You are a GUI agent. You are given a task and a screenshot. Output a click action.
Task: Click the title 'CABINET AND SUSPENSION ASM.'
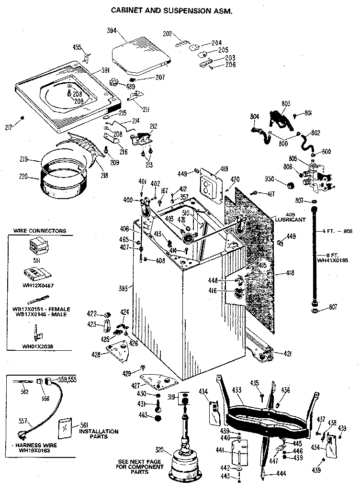tap(171, 10)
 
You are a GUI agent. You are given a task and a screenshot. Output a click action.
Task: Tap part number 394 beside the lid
tap(112, 31)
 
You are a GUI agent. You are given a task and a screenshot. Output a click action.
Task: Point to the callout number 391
tap(105, 70)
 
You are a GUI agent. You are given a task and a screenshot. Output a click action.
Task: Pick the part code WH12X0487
tap(39, 286)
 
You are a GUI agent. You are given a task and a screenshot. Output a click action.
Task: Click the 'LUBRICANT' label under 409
tap(290, 220)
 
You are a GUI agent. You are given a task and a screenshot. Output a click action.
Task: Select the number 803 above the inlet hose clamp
tap(286, 104)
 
